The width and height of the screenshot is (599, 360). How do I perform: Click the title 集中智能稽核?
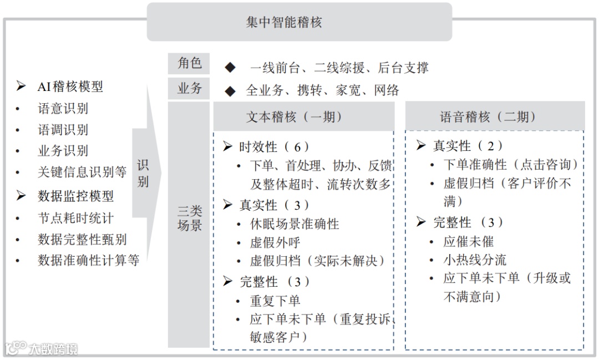284,22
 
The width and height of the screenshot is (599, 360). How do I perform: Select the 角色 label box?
189,63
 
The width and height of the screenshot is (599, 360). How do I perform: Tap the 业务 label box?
189,88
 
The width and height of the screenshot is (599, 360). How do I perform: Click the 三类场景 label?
189,218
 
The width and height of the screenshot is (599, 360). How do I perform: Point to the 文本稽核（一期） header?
295,117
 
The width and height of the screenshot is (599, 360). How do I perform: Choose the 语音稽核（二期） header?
488,117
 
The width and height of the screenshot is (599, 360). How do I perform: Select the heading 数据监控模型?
75,195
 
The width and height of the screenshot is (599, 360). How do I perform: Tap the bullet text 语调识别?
63,130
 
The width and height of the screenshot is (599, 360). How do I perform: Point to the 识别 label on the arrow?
143,174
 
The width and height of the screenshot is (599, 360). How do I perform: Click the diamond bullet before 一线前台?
230,68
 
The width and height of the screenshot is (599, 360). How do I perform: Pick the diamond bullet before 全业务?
230,90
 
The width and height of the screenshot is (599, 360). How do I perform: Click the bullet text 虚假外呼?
275,242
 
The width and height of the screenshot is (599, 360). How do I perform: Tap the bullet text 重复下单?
275,301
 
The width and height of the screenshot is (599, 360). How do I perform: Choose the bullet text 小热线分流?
475,260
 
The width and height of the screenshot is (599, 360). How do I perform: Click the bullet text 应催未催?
468,241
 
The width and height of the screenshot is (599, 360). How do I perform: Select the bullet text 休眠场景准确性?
295,224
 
